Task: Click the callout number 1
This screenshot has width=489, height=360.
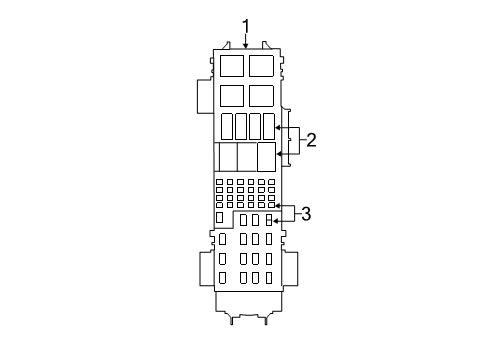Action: coord(245,27)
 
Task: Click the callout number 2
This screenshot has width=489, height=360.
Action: coord(311,141)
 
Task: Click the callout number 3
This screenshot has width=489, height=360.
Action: coord(306,214)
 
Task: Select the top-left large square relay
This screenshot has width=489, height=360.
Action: coord(232,66)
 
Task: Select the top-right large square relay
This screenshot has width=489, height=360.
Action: coord(261,66)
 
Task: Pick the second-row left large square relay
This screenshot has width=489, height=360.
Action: coord(232,96)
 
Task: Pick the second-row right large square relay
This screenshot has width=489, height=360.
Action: coord(261,96)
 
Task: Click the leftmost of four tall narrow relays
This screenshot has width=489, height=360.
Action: coord(227,127)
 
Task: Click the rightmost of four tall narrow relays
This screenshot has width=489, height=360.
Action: coord(268,127)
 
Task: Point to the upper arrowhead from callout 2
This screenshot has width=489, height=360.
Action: coord(279,128)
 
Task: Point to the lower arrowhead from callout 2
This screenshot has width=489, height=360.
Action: coord(279,154)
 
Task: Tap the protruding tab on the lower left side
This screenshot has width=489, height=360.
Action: coord(203,273)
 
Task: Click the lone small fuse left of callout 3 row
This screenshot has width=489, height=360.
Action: coord(220,217)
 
